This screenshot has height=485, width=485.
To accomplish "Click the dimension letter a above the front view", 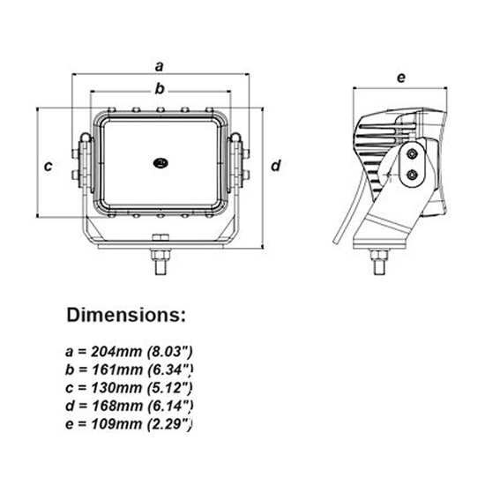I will point(160,65).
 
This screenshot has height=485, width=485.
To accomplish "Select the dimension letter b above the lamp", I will point(160,87).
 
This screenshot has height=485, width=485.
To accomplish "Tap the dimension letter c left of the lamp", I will point(49,165).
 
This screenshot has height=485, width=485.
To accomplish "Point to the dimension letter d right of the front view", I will point(275,165).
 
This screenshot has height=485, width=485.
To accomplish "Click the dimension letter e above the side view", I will point(400,78).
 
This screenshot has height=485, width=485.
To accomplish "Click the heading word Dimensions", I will point(126,315).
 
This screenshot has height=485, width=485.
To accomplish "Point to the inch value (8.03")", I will point(170,348).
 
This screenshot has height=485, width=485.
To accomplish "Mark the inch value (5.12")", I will point(170,385).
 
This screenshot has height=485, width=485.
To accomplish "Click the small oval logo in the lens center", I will point(160,162).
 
